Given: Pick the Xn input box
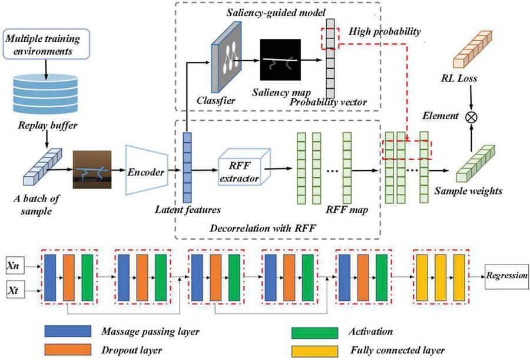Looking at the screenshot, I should [14, 266].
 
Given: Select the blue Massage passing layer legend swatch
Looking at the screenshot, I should [65, 332].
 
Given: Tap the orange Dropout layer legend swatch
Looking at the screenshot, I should [65, 349].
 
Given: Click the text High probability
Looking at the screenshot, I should [384, 31].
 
